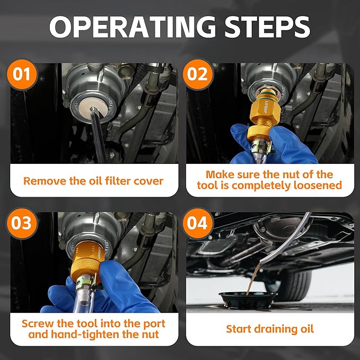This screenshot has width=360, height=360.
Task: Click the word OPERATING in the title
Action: [x=133, y=27]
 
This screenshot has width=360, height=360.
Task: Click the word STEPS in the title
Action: [x=267, y=27]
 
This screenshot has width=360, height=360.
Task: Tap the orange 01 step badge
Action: [x=22, y=74]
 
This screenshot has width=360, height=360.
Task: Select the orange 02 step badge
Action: [x=198, y=74]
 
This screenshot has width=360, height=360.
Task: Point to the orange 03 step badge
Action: [x=22, y=223]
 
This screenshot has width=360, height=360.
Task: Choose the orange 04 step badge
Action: [x=198, y=223]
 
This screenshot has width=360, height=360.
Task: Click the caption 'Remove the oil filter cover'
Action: [x=93, y=181]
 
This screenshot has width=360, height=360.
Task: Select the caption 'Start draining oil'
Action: [x=270, y=329]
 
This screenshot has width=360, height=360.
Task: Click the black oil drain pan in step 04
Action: [x=248, y=300]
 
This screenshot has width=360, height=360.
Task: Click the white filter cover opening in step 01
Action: [x=93, y=109]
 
